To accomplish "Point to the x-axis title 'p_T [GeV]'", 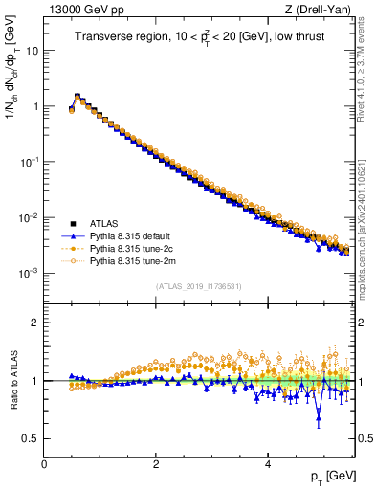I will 329,476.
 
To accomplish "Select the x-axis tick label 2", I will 156,463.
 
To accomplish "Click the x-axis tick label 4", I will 267,463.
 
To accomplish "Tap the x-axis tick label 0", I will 44,463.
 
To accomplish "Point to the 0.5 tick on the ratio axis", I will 32,438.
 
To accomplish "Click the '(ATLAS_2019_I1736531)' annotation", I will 197,286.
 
